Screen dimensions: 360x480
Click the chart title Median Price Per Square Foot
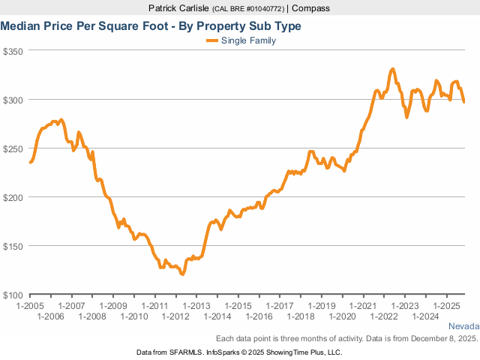click(151, 26)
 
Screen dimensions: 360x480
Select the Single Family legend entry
click(248, 40)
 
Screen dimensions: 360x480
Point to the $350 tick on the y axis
click(14, 51)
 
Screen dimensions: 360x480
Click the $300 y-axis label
click(14, 100)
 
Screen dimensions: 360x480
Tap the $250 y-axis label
click(14, 148)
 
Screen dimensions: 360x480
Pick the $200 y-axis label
click(14, 197)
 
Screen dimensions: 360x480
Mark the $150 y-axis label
click(14, 246)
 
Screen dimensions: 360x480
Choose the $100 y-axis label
click(14, 295)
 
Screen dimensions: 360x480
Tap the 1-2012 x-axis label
click(175, 316)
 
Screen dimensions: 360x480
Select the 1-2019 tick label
click(319, 306)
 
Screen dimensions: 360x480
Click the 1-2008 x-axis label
click(92, 316)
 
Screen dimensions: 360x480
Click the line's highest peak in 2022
click(392, 69)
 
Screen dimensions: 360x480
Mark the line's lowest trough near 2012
click(182, 274)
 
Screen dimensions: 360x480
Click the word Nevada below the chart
click(463, 327)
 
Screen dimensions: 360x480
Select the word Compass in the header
click(311, 8)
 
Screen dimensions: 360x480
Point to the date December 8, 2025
click(441, 339)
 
